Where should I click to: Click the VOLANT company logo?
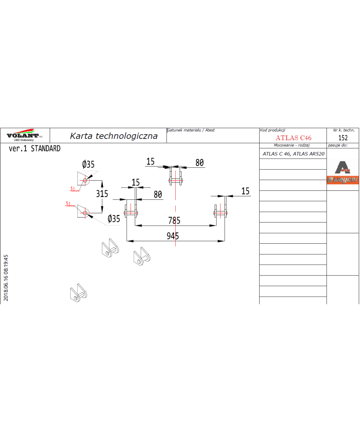[24, 135]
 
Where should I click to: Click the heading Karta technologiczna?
[114, 136]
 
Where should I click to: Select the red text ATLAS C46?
[293, 138]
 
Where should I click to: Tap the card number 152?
[343, 138]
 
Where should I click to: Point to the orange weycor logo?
[343, 180]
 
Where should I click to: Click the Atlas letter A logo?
[343, 167]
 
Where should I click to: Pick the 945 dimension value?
[173, 236]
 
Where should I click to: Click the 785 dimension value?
[174, 220]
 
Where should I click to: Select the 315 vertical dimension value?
[102, 194]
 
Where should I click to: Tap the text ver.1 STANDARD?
[35, 149]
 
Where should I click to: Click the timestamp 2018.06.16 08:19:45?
[6, 278]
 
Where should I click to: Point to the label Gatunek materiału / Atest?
[191, 130]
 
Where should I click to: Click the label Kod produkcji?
[273, 130]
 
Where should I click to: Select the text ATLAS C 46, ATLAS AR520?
[293, 154]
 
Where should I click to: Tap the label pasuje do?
[338, 145]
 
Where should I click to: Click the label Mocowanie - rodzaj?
[292, 145]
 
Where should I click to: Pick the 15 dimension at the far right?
[246, 191]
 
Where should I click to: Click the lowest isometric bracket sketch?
[78, 293]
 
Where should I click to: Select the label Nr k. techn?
[344, 130]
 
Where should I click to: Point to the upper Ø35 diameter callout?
[88, 165]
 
